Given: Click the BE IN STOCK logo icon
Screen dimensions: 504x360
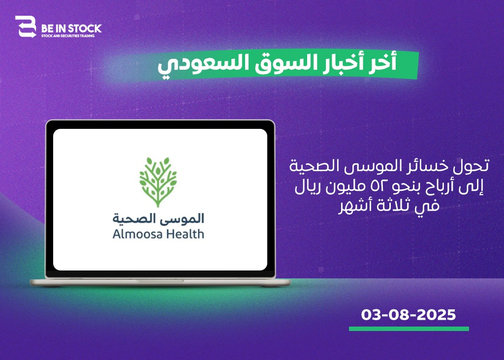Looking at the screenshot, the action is coord(26,27).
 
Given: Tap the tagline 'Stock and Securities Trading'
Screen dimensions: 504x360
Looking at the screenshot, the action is coord(68,36).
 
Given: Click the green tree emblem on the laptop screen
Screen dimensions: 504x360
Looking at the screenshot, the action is coord(158,181).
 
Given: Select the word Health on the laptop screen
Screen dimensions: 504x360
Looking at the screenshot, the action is coord(185,234).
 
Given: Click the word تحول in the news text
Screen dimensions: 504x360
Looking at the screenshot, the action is coord(474,166).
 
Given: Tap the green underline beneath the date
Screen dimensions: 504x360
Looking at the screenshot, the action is coord(409,329).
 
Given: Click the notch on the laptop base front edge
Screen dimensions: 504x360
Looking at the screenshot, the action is coord(160,281).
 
